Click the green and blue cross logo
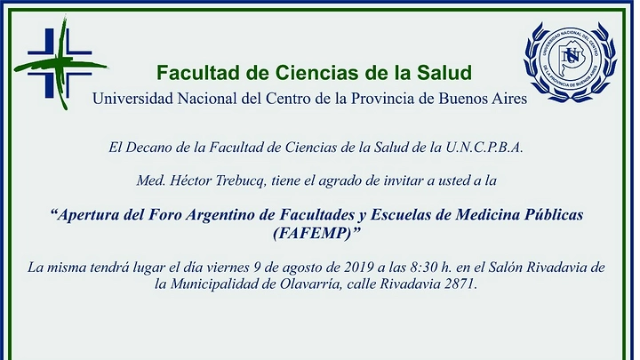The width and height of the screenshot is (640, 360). (60, 63)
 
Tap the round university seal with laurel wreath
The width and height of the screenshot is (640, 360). (570, 61)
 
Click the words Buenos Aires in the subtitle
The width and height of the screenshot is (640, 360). (483, 99)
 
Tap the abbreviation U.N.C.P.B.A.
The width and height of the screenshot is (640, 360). (484, 148)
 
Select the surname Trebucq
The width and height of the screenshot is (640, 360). (242, 180)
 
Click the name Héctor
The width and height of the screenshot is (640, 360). (190, 180)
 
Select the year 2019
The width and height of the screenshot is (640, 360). (359, 268)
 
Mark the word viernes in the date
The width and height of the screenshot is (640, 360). (228, 268)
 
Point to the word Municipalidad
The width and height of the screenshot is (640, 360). (214, 284)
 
